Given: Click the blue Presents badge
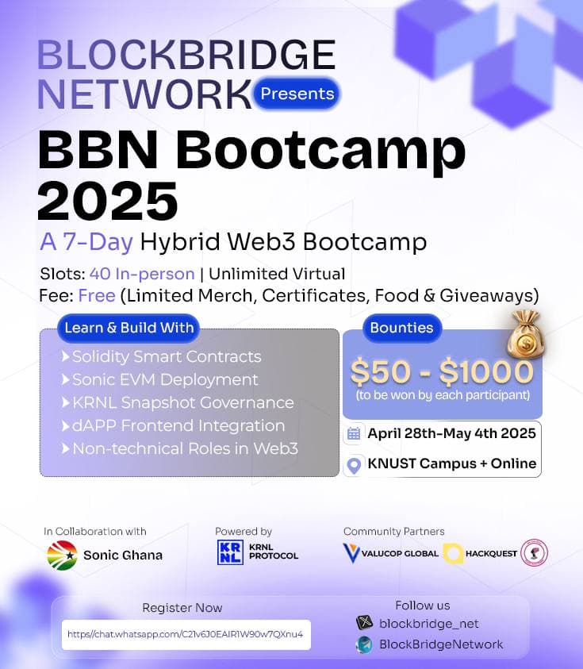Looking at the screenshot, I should pyautogui.click(x=297, y=94).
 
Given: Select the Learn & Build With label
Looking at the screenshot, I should pyautogui.click(x=128, y=328).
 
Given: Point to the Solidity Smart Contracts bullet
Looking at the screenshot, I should pyautogui.click(x=167, y=357).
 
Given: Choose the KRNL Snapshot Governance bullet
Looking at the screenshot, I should pyautogui.click(x=182, y=402).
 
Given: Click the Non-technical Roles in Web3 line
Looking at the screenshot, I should pyautogui.click(x=185, y=448).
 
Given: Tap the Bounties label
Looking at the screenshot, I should pyautogui.click(x=401, y=328).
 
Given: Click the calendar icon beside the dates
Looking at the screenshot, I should pyautogui.click(x=355, y=433).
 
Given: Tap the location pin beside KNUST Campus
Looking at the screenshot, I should pyautogui.click(x=355, y=464).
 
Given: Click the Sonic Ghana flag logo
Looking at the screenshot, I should pyautogui.click(x=61, y=555).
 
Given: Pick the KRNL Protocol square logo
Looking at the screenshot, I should pyautogui.click(x=230, y=552).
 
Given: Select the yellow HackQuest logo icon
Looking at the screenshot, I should pyautogui.click(x=454, y=553).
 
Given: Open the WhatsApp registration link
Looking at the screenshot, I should pyautogui.click(x=186, y=634).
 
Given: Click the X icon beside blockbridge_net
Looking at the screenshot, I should pyautogui.click(x=364, y=623).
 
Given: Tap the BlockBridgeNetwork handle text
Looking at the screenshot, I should pyautogui.click(x=441, y=644).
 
